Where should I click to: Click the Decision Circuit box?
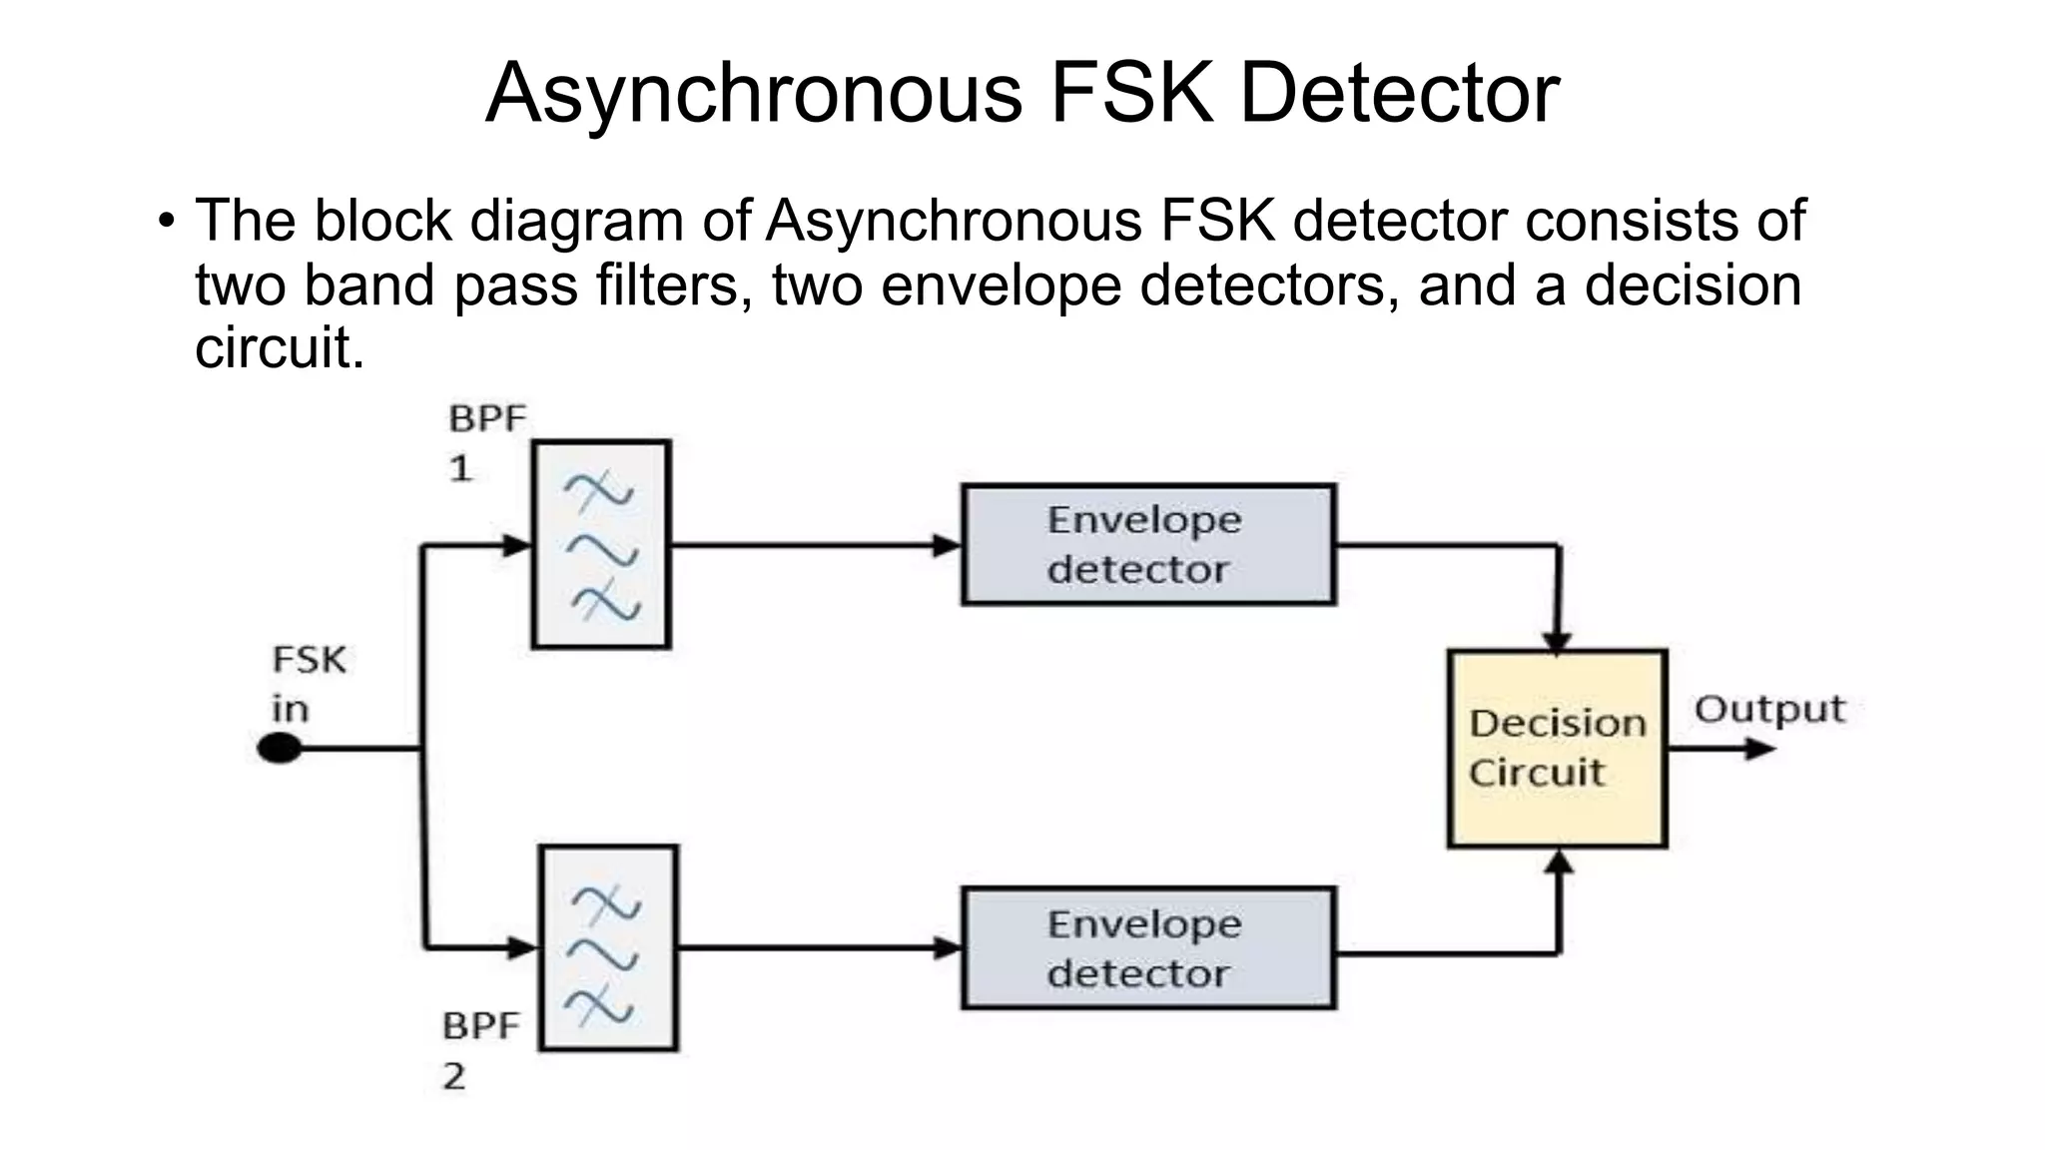(x=1557, y=749)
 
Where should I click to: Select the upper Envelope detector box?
(x=1148, y=545)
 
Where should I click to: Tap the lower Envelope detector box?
(x=1148, y=948)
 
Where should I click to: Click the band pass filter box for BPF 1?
(x=601, y=545)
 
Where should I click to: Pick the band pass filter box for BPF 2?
(x=608, y=948)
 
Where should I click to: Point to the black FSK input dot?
(x=280, y=748)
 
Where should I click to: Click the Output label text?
(x=1769, y=709)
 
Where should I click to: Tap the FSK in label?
(x=308, y=684)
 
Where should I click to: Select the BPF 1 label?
(x=485, y=441)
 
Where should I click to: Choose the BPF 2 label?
(x=480, y=1050)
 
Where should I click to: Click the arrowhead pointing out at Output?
(x=1759, y=749)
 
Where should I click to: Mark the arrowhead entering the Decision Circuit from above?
(x=1558, y=643)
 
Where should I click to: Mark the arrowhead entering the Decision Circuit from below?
(x=1559, y=861)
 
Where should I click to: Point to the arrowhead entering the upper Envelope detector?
(x=947, y=546)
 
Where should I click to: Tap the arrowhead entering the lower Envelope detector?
(x=947, y=948)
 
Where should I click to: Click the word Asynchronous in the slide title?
(x=754, y=93)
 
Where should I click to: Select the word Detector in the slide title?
(x=1399, y=93)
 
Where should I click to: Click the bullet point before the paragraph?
(x=166, y=221)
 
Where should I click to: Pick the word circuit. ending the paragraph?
(x=280, y=348)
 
